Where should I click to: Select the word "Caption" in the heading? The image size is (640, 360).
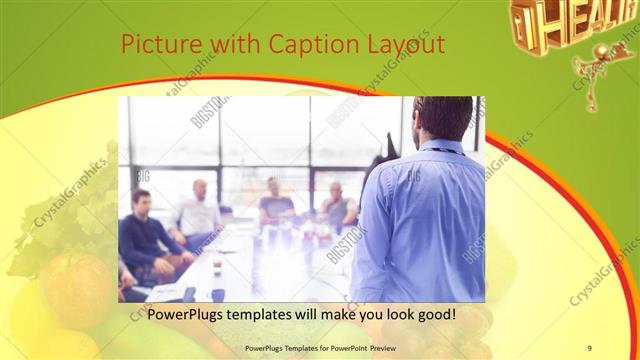310,46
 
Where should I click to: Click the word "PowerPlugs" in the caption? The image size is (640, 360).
189,314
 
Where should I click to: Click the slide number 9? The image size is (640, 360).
589,347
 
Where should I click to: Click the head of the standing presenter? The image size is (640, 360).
441,118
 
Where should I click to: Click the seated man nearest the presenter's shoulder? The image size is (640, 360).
337,205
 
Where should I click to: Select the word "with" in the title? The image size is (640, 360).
227,46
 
